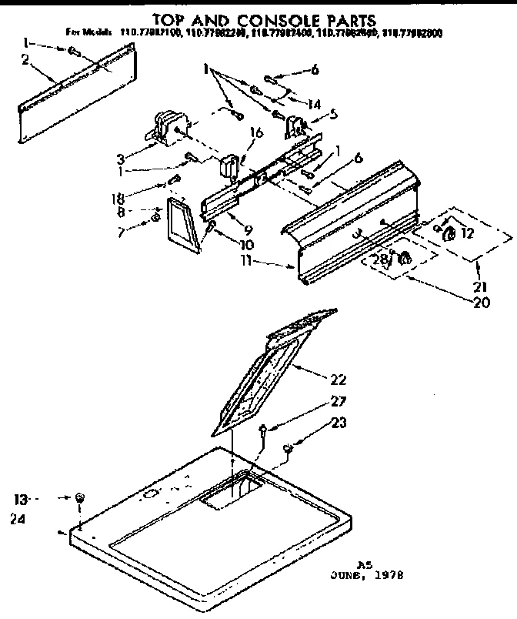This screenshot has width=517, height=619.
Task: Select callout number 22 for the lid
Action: coord(337,379)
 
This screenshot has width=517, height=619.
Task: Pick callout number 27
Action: coord(339,401)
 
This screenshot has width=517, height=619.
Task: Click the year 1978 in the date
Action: coord(389,575)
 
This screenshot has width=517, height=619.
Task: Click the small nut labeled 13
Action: coord(81,497)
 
